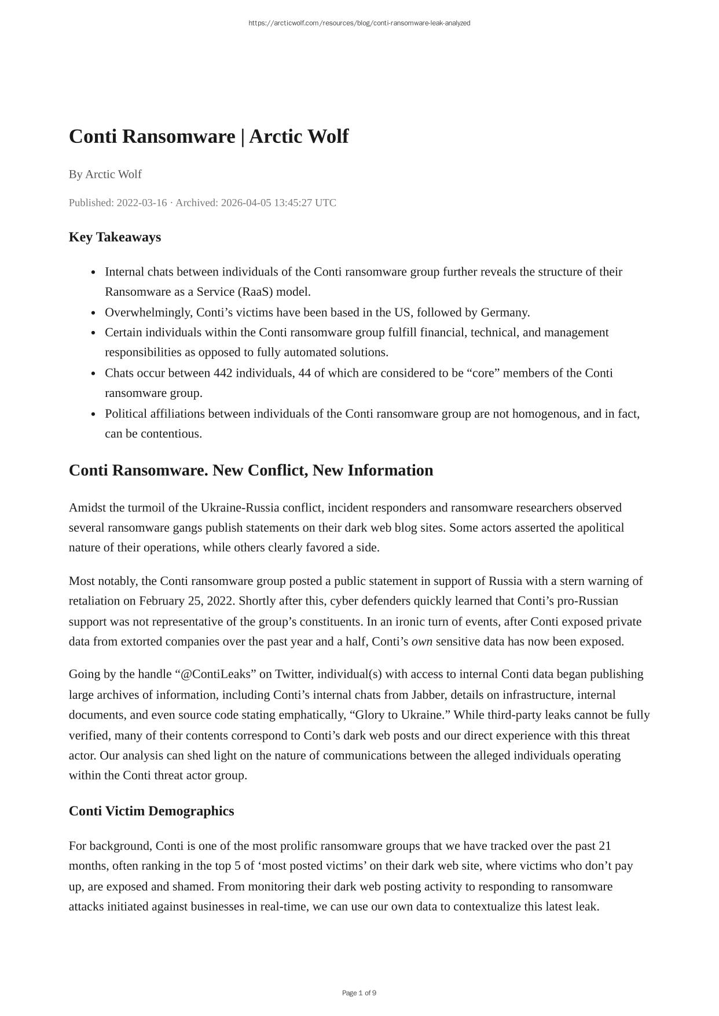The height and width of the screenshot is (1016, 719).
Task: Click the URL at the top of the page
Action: pyautogui.click(x=359, y=23)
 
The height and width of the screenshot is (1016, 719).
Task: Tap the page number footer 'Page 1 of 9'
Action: pyautogui.click(x=359, y=993)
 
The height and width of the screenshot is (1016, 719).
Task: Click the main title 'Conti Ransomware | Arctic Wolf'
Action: pyautogui.click(x=208, y=137)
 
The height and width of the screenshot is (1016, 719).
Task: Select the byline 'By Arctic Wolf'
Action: pyautogui.click(x=105, y=174)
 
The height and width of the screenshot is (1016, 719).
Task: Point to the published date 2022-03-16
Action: pyautogui.click(x=142, y=203)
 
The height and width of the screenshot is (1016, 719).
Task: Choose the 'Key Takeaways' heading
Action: pyautogui.click(x=115, y=237)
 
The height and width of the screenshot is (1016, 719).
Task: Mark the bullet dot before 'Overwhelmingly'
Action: pyautogui.click(x=94, y=313)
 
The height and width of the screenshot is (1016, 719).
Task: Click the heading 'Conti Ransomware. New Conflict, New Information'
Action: pyautogui.click(x=251, y=470)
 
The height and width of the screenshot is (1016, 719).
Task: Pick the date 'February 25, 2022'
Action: pyautogui.click(x=186, y=601)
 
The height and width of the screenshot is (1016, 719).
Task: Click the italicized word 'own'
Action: pyautogui.click(x=421, y=641)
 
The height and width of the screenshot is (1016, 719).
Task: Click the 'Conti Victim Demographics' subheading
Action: pyautogui.click(x=151, y=811)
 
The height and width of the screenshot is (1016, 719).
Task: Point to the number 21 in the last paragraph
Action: pyautogui.click(x=604, y=846)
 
